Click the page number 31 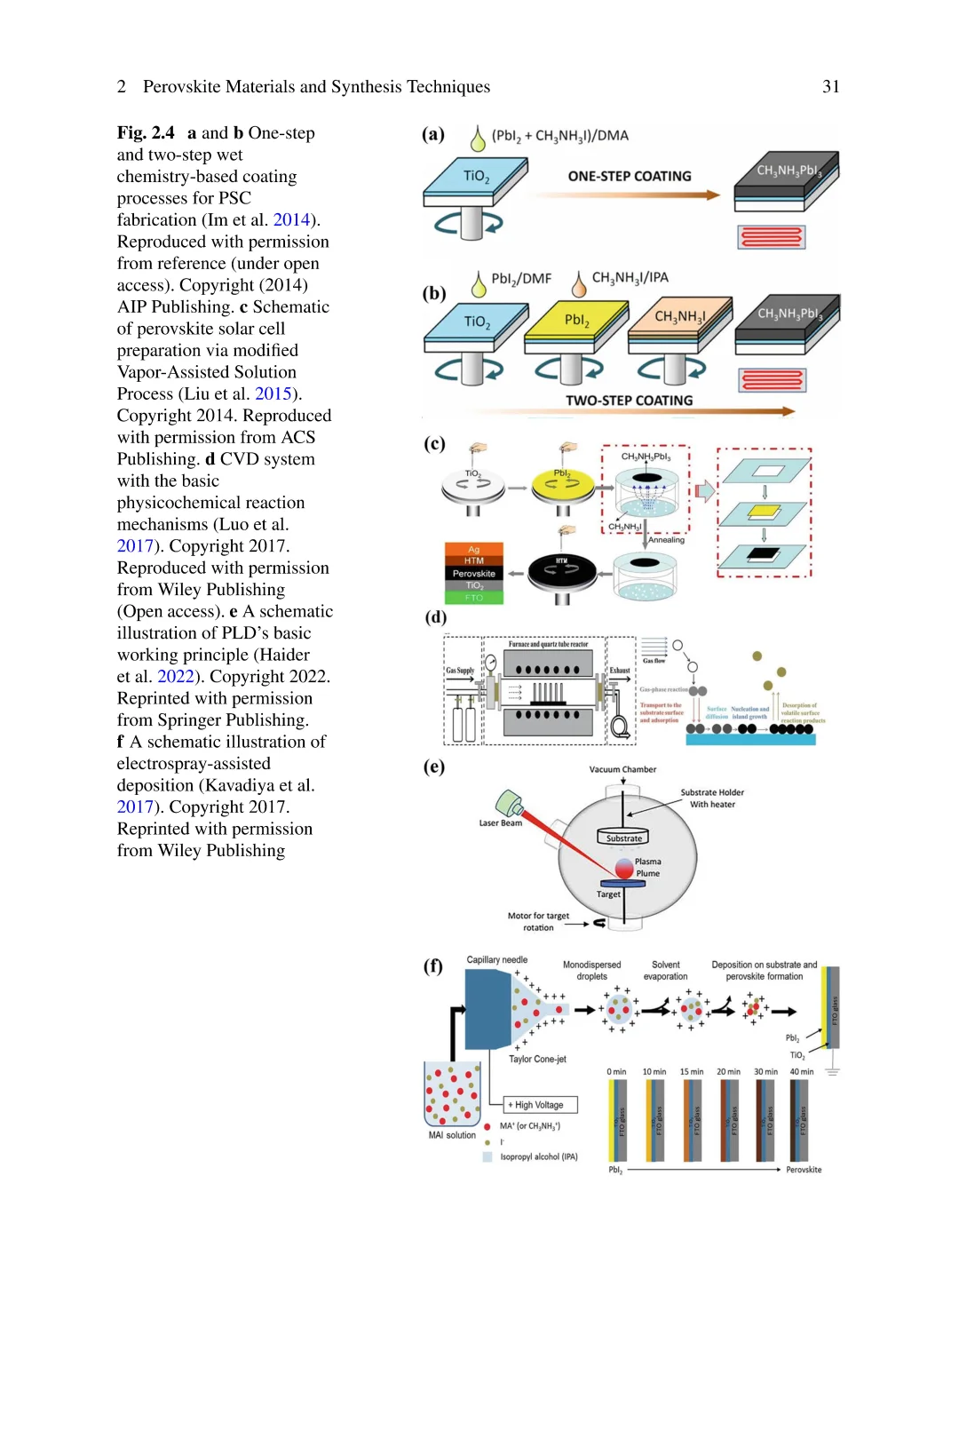click(x=830, y=86)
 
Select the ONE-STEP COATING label click(x=630, y=176)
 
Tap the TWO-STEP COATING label click(x=629, y=401)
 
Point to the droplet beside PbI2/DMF click(x=479, y=284)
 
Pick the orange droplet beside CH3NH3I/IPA click(x=579, y=284)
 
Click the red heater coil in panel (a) click(x=771, y=237)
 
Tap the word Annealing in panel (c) click(x=666, y=540)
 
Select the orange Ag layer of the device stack click(x=474, y=549)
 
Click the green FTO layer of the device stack click(x=474, y=598)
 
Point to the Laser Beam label click(x=500, y=823)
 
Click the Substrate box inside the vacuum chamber click(x=623, y=838)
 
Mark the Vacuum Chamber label click(x=622, y=769)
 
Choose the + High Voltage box click(x=540, y=1105)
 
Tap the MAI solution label click(x=452, y=1135)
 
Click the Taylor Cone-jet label click(x=537, y=1059)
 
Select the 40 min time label click(x=801, y=1072)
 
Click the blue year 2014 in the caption click(x=291, y=219)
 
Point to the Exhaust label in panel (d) click(x=620, y=671)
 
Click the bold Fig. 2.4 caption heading click(x=146, y=133)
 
